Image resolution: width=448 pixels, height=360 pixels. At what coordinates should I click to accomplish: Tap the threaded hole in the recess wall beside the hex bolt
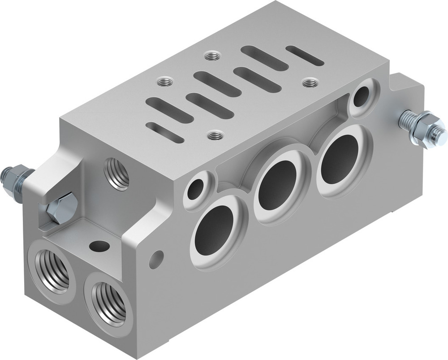(x=116, y=173)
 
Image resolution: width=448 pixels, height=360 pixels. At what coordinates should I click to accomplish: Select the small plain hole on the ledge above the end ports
(x=99, y=246)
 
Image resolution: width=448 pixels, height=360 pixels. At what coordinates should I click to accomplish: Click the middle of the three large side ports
(x=278, y=186)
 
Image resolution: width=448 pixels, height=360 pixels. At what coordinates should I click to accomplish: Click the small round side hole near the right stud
(x=362, y=96)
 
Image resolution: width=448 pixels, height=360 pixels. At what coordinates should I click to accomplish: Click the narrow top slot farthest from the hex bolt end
(x=305, y=56)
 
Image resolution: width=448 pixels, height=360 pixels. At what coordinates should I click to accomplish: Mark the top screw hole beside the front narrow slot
(x=215, y=134)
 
